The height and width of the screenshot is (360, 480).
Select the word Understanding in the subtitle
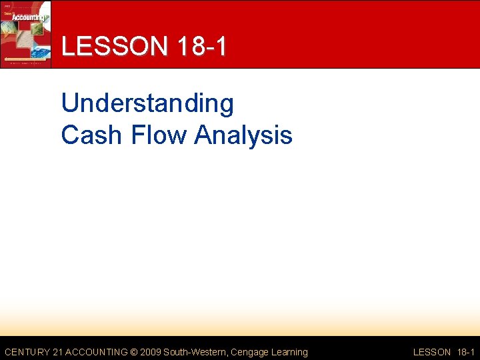click(147, 104)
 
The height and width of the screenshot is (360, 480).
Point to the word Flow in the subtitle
click(157, 135)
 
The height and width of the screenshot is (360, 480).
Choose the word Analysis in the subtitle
click(243, 135)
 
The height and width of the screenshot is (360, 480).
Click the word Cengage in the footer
click(248, 352)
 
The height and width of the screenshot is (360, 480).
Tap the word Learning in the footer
click(288, 352)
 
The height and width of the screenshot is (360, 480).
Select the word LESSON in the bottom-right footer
click(432, 352)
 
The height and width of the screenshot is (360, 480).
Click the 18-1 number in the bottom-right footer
click(465, 352)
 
